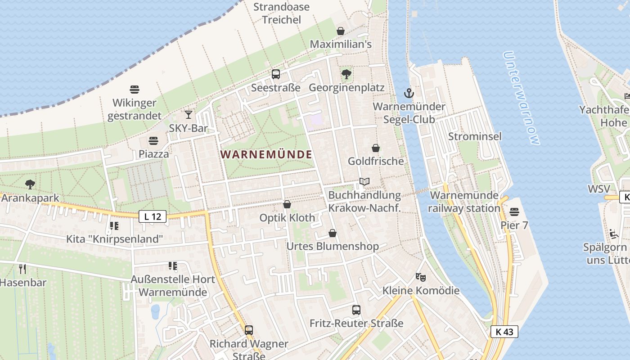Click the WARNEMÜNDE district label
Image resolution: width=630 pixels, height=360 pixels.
click(x=266, y=154)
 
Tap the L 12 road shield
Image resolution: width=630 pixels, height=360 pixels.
click(x=153, y=216)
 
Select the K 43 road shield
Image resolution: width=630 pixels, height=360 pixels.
click(x=504, y=332)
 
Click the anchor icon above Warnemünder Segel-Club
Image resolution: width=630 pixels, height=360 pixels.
click(x=409, y=93)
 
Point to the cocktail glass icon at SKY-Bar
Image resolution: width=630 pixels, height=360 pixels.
click(x=189, y=115)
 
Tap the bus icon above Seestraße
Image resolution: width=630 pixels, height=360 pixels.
click(x=275, y=74)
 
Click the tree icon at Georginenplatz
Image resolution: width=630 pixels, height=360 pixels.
click(x=346, y=74)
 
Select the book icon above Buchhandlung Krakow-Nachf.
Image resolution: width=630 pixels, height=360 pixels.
click(x=364, y=182)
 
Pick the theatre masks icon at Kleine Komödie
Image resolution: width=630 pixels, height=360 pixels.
click(x=420, y=277)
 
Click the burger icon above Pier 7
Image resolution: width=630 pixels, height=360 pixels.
click(x=514, y=211)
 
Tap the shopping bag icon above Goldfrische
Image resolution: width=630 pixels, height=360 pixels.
click(x=375, y=148)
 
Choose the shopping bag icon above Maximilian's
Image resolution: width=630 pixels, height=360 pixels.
click(x=341, y=31)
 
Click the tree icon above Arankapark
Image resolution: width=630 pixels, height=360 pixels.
click(x=30, y=184)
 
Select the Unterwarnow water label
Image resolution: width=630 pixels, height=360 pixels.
click(x=521, y=98)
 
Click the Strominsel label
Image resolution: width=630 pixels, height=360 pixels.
click(x=474, y=136)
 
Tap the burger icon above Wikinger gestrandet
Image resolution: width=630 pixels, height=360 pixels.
click(x=134, y=89)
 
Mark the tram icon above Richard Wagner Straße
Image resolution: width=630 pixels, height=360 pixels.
click(x=248, y=330)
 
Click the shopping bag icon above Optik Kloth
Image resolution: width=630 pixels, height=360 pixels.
click(x=287, y=204)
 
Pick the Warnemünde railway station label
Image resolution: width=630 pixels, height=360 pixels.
click(x=464, y=202)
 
